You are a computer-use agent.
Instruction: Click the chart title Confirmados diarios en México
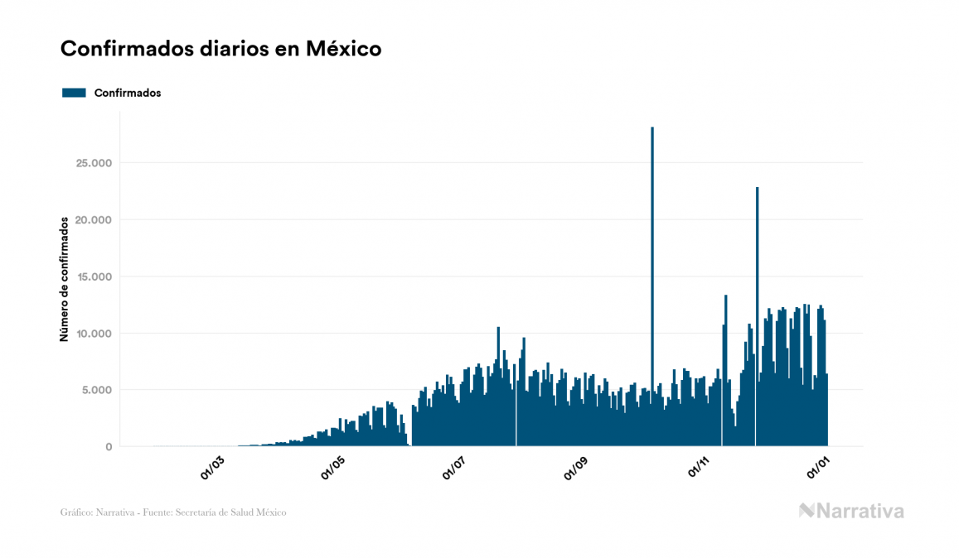click(220, 49)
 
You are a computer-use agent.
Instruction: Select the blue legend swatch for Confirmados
click(74, 93)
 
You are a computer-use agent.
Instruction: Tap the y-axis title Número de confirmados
click(64, 279)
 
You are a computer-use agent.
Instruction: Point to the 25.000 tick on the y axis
click(93, 163)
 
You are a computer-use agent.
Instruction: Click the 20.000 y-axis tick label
click(93, 219)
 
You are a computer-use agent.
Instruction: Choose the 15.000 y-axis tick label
click(93, 277)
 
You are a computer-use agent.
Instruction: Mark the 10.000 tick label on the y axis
click(93, 334)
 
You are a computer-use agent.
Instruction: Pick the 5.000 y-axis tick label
click(96, 390)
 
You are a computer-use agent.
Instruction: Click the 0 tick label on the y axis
click(108, 447)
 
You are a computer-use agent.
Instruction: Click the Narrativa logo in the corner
click(851, 511)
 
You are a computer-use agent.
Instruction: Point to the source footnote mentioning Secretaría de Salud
click(173, 512)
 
